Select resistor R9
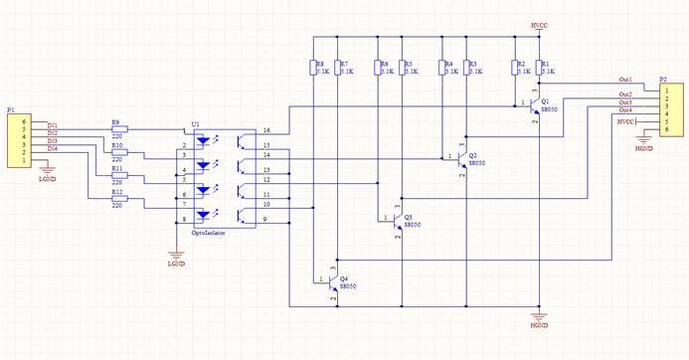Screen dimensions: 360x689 point(118,129)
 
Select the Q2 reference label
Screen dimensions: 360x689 point(473,156)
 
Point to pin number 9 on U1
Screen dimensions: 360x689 point(264,219)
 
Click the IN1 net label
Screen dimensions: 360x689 point(52,125)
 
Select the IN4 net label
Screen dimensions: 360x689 point(52,149)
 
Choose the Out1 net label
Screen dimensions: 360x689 point(625,79)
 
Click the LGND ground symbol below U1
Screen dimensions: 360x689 point(175,261)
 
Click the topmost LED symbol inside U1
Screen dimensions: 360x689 point(204,141)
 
